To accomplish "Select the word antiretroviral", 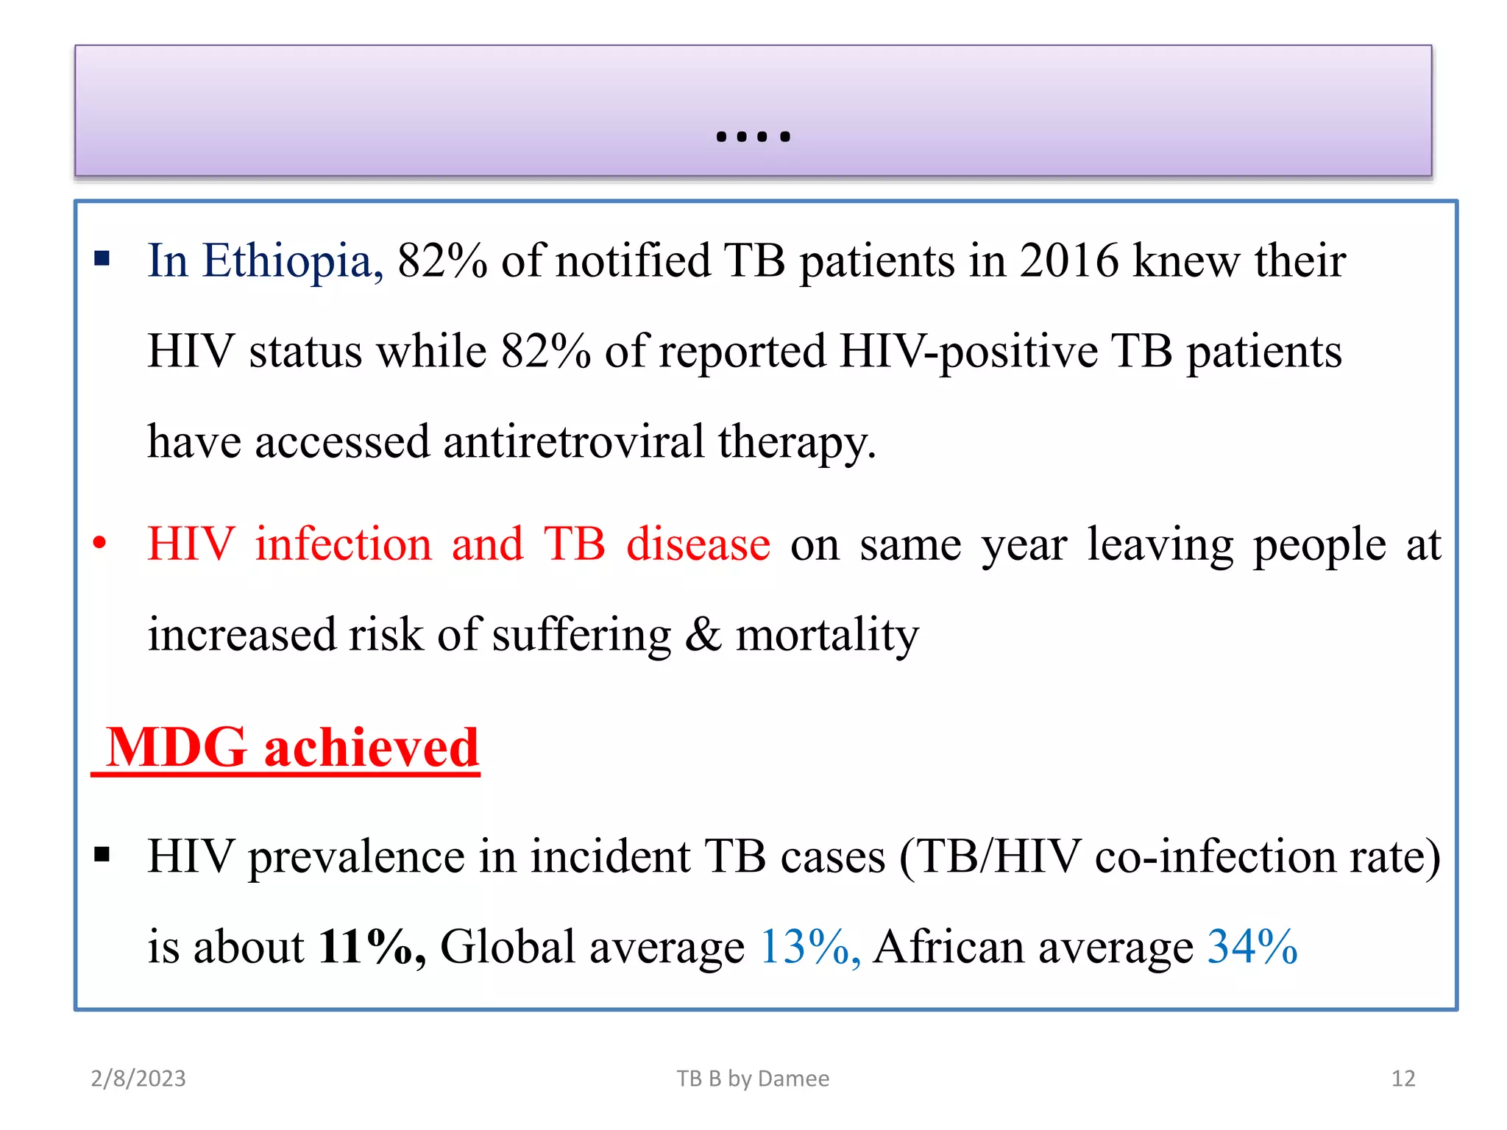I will pos(574,442).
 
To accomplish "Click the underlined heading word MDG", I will pos(176,747).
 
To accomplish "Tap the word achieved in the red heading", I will pos(372,747).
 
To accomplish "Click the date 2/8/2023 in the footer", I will pos(138,1079).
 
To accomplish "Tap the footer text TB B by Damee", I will pos(753,1079).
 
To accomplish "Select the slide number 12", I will pos(1403,1079).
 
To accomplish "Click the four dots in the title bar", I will pos(753,136).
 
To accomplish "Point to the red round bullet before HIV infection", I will pos(99,544).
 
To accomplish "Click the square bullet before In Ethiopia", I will pos(102,258).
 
